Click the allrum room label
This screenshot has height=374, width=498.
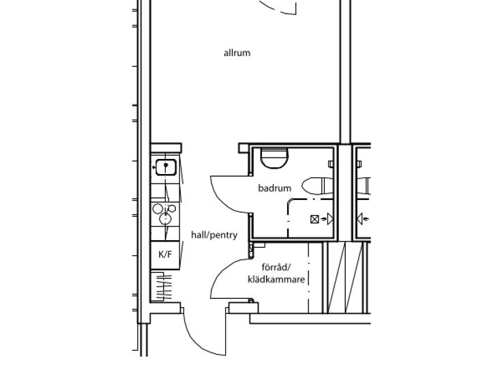pyautogui.click(x=237, y=53)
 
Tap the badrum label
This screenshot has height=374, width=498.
pyautogui.click(x=275, y=188)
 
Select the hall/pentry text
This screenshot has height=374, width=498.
pyautogui.click(x=214, y=235)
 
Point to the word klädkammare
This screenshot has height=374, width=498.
pyautogui.click(x=276, y=279)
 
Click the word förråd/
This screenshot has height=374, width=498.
pyautogui.click(x=276, y=267)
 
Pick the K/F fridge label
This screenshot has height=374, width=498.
pyautogui.click(x=165, y=254)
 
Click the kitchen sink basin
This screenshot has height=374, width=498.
pyautogui.click(x=166, y=167)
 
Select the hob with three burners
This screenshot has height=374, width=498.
pyautogui.click(x=165, y=214)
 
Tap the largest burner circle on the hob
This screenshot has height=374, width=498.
pyautogui.click(x=165, y=218)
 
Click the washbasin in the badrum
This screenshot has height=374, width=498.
pyautogui.click(x=274, y=158)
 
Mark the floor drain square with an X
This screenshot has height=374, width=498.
pyautogui.click(x=314, y=219)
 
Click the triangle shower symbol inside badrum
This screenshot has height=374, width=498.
pyautogui.click(x=330, y=219)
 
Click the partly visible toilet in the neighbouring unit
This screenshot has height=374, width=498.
pyautogui.click(x=364, y=186)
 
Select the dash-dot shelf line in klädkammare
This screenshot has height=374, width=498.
pyautogui.click(x=308, y=277)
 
